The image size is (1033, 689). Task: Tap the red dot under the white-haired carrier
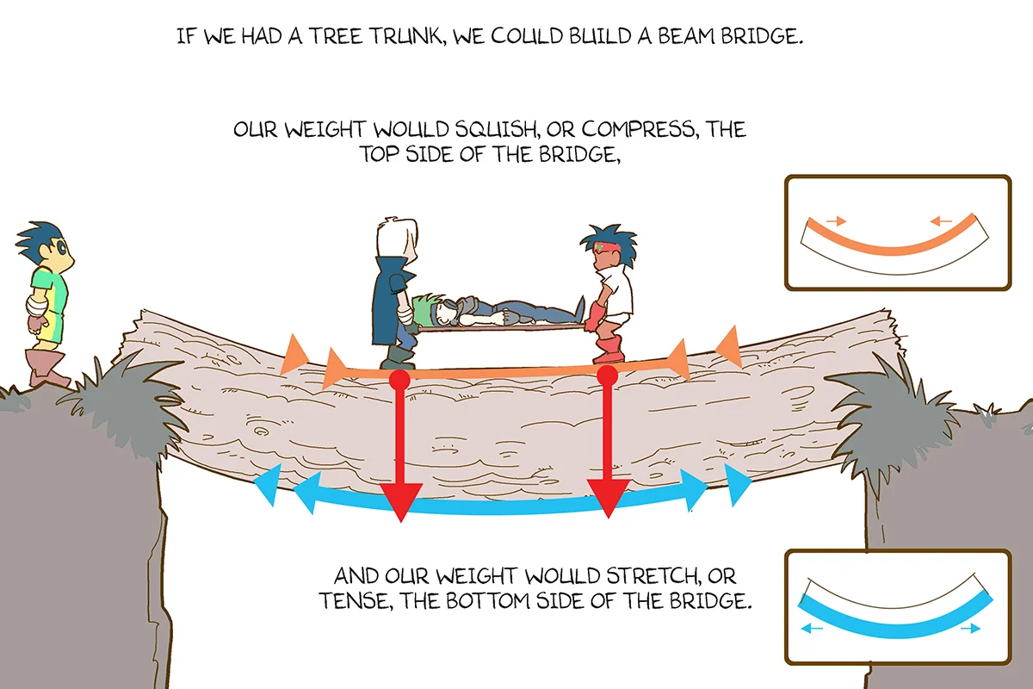click(x=399, y=380)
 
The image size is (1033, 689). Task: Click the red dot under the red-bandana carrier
click(x=608, y=375)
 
